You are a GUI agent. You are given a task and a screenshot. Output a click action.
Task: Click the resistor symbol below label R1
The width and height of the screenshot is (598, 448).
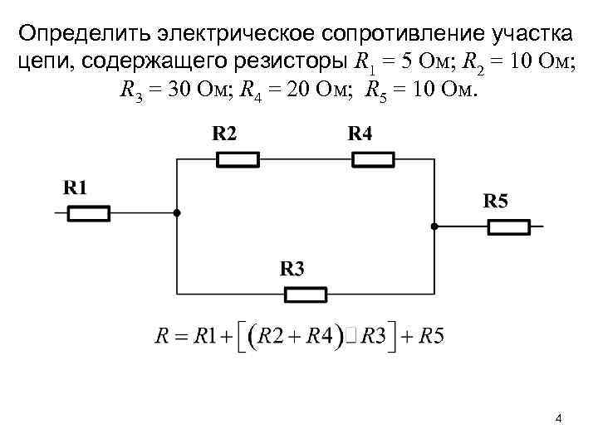click(x=88, y=213)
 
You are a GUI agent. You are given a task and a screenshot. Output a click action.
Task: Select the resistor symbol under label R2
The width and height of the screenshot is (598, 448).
click(x=238, y=160)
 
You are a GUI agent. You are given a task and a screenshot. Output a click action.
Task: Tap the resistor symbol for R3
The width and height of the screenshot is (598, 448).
click(x=306, y=294)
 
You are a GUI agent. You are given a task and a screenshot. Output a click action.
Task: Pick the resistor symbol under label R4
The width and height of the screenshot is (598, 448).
click(x=373, y=160)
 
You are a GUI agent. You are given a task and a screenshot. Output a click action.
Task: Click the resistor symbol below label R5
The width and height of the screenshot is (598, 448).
click(x=508, y=226)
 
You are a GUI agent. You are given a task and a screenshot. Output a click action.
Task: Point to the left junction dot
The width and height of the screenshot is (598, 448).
click(x=177, y=213)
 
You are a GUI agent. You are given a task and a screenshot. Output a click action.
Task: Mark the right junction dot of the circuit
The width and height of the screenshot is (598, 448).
click(x=434, y=226)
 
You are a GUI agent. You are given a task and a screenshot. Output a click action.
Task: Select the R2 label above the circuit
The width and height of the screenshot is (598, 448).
click(x=224, y=134)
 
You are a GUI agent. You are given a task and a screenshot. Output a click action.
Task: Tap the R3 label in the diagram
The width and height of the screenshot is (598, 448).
click(x=292, y=268)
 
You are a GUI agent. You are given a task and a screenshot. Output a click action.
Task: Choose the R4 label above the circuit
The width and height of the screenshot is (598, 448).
click(x=360, y=134)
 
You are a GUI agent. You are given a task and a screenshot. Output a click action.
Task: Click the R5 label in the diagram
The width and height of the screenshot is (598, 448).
click(x=496, y=200)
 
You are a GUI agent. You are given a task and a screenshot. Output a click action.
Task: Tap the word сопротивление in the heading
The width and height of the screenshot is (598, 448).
click(x=376, y=36)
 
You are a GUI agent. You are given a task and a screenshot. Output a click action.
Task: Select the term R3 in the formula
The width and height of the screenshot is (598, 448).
click(x=370, y=337)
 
